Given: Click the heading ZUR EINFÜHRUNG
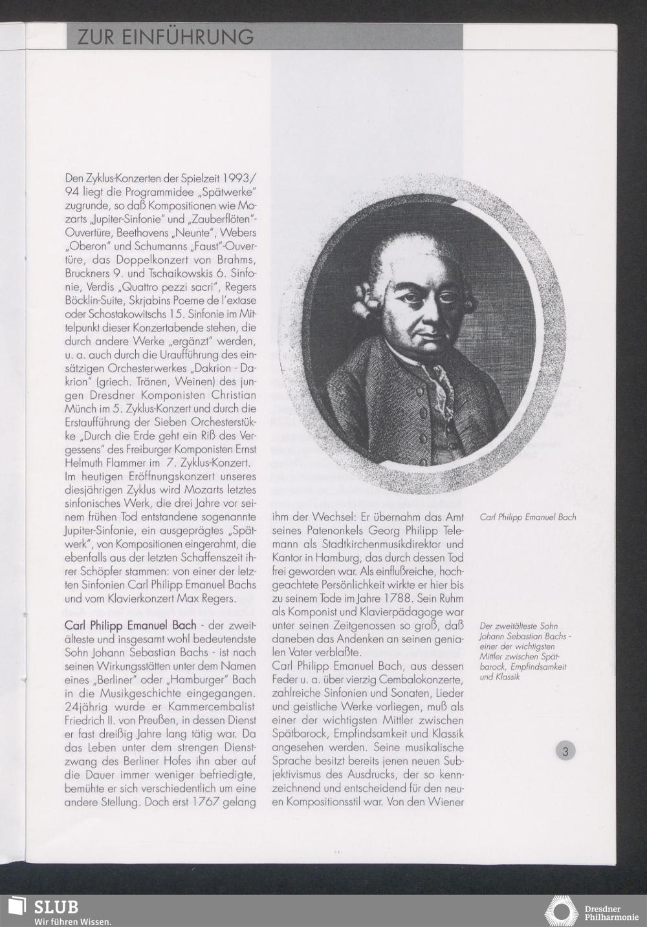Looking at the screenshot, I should [166, 37].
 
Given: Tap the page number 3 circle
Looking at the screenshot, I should [565, 751].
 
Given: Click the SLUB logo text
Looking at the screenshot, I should [56, 906].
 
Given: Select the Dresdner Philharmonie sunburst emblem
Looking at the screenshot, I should [560, 911].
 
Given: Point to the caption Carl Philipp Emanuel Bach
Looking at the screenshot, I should [527, 517].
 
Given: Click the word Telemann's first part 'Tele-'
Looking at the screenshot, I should [450, 531].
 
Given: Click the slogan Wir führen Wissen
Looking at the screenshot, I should [72, 921].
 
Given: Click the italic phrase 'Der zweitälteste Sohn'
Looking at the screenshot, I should [518, 626].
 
